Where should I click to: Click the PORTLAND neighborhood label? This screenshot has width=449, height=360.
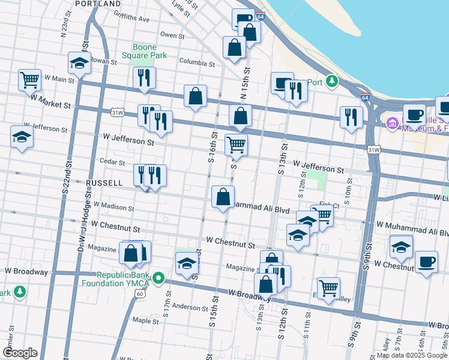99,4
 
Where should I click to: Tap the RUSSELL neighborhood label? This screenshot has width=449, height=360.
104,182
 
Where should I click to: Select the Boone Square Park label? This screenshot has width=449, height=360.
144,52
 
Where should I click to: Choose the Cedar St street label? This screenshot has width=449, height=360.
112,162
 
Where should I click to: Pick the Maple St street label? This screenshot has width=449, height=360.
145,321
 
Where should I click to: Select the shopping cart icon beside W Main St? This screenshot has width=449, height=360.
29,79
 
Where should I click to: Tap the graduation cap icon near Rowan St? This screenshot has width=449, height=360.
79,62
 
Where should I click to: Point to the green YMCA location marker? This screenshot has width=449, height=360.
158,278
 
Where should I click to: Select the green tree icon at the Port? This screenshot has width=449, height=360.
331,82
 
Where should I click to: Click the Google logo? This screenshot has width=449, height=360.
20,353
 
